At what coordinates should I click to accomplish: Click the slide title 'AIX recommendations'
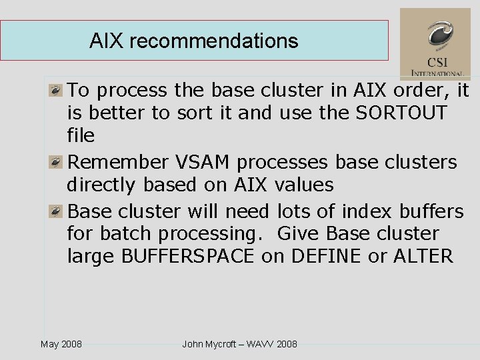click(x=193, y=41)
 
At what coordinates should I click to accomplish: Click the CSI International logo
click(x=435, y=44)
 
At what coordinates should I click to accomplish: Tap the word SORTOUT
click(x=401, y=113)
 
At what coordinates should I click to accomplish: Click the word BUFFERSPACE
click(x=188, y=257)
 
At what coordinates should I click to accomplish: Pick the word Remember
click(x=119, y=162)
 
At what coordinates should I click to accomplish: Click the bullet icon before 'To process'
click(x=58, y=89)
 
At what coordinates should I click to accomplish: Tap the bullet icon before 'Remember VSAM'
click(x=58, y=162)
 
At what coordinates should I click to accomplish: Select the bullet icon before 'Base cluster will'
click(x=58, y=211)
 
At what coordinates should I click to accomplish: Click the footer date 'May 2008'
click(x=61, y=344)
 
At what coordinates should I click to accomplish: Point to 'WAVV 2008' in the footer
click(x=273, y=344)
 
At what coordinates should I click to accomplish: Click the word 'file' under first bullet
click(x=81, y=136)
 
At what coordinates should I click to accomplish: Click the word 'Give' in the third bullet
click(x=297, y=234)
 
